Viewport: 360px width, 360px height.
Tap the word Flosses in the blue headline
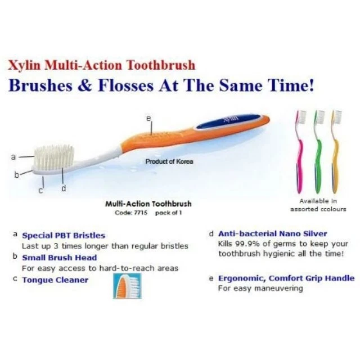pyautogui.click(x=135, y=87)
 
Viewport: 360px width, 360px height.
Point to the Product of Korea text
pyautogui.click(x=169, y=161)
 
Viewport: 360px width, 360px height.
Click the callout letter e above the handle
pyautogui.click(x=148, y=118)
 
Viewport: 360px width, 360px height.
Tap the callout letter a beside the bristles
pyautogui.click(x=13, y=157)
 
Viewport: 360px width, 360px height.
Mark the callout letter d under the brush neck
pyautogui.click(x=64, y=188)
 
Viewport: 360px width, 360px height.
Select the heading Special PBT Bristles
pyautogui.click(x=63, y=235)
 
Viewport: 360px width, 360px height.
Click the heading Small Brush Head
pyautogui.click(x=59, y=258)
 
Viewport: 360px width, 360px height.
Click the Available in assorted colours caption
pyautogui.click(x=318, y=205)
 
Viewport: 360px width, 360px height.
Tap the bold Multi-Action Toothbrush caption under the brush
pyautogui.click(x=148, y=204)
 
